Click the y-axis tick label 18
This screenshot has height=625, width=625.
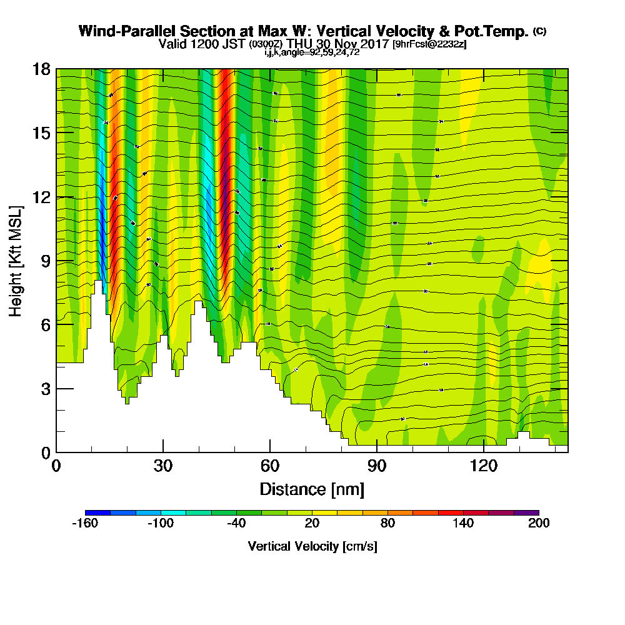41,69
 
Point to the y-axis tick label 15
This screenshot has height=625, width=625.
41,132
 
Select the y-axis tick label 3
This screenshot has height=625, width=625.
45,388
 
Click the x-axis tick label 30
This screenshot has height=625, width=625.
163,466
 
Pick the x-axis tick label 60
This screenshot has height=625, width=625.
270,466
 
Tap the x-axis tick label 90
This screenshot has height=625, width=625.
377,466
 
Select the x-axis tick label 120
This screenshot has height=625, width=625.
484,466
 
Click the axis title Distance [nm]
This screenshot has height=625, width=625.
312,488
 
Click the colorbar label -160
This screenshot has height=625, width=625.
85,524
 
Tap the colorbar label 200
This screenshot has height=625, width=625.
538,524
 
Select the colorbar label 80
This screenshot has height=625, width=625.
387,524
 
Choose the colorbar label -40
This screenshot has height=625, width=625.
236,524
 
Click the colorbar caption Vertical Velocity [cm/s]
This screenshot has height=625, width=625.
312,546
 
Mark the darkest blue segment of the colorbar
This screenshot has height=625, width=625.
98,512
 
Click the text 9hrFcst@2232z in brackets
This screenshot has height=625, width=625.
429,44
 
